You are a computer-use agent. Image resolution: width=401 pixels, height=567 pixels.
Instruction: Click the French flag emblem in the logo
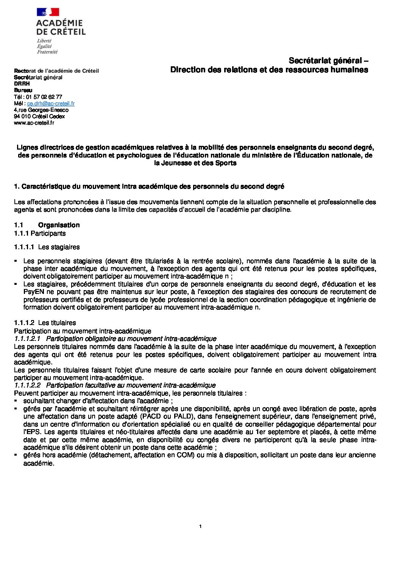[48, 12]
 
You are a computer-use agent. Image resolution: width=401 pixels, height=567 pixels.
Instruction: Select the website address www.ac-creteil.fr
[34, 123]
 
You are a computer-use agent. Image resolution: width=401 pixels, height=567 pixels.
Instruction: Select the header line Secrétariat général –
[329, 61]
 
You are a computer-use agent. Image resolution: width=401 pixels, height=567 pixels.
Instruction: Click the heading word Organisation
[59, 225]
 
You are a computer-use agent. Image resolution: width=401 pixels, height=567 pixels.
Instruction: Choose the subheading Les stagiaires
[59, 247]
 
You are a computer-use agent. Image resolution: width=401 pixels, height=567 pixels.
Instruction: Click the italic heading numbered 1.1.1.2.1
[115, 339]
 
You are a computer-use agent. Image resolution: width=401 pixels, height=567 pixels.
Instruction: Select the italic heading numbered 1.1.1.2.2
[115, 385]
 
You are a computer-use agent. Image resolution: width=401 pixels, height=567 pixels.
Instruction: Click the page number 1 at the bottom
[200, 526]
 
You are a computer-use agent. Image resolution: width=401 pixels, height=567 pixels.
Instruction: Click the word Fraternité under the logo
[47, 52]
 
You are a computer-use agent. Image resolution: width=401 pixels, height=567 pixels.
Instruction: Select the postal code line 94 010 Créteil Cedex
[39, 116]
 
